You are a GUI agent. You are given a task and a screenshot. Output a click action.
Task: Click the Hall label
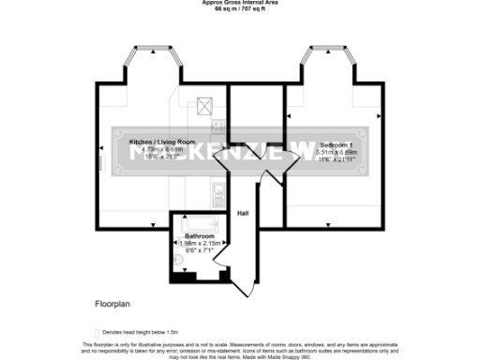(x=243, y=214)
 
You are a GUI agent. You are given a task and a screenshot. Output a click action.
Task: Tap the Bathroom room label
(x=199, y=236)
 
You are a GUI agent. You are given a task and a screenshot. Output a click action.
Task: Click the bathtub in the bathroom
(x=199, y=224)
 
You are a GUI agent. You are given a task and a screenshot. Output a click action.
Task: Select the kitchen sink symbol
(x=217, y=195)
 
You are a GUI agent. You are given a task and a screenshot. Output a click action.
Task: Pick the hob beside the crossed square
(x=217, y=125)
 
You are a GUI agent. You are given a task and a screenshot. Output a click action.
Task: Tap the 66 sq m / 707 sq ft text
(x=239, y=8)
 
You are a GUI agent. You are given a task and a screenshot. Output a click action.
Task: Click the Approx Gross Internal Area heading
(x=239, y=3)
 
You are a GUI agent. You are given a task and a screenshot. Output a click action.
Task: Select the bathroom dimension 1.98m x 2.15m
(x=199, y=244)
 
